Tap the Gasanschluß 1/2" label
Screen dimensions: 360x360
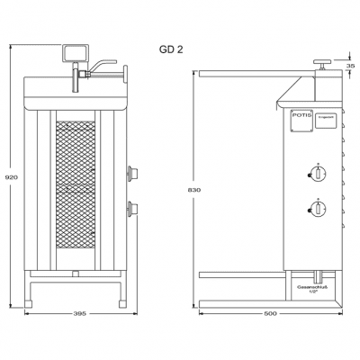(313, 287)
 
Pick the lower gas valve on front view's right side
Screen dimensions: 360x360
(135, 211)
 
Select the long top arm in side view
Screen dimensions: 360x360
(243, 76)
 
